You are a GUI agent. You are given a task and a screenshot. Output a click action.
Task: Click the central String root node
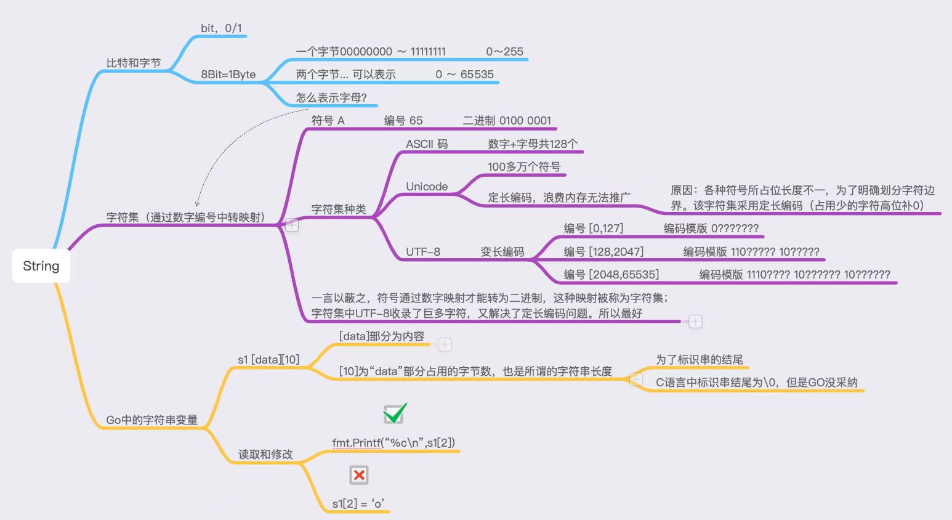click(x=41, y=266)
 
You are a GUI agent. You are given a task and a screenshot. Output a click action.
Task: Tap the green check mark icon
click(x=395, y=413)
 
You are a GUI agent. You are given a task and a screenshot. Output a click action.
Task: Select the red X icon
click(x=359, y=475)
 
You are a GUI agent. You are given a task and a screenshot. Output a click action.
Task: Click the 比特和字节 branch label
click(x=134, y=63)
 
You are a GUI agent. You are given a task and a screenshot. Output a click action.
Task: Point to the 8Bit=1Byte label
click(x=228, y=75)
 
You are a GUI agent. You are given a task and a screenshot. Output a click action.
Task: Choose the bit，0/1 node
click(x=222, y=28)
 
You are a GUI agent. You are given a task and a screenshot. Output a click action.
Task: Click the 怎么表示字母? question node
click(x=331, y=98)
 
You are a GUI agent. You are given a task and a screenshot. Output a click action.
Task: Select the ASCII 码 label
click(x=427, y=144)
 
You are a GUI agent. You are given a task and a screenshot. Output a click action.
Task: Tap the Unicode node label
click(x=427, y=187)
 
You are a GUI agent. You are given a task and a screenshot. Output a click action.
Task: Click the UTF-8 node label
click(x=423, y=252)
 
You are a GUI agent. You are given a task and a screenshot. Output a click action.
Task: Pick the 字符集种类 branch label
click(x=339, y=209)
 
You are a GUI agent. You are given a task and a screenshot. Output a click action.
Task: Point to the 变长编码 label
click(x=502, y=252)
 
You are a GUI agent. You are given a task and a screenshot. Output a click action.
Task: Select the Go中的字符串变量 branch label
click(x=152, y=420)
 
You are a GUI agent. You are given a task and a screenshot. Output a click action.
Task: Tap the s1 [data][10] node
click(x=268, y=360)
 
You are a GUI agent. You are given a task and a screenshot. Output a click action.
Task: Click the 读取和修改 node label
click(x=265, y=455)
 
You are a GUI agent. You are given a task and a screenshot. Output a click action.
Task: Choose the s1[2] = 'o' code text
click(x=358, y=504)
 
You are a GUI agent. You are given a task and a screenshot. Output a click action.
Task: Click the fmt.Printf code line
click(x=393, y=443)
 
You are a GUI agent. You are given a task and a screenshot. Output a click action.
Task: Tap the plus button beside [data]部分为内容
click(x=445, y=344)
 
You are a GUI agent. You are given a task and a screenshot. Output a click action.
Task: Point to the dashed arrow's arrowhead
click(x=197, y=204)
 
